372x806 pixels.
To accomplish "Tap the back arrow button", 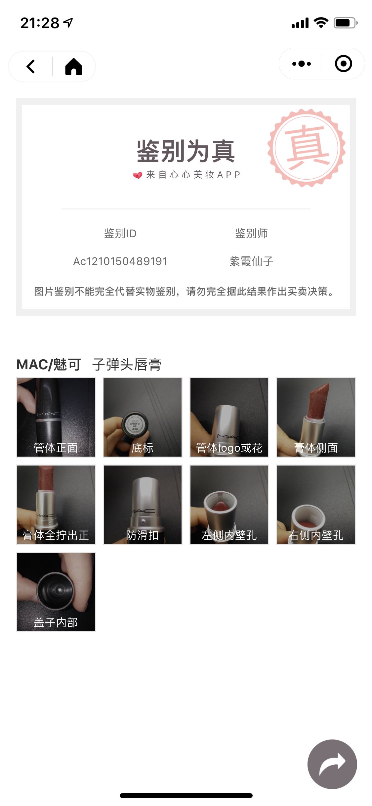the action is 31,67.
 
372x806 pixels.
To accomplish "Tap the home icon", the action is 74,67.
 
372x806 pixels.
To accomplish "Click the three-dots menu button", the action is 302,64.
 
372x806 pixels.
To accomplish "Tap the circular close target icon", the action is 344,64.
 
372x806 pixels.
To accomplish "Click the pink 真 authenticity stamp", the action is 307,148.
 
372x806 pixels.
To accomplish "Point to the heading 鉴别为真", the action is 186,151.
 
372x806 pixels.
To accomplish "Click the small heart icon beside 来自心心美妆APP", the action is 138,175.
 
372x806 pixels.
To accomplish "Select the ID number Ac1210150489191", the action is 120,261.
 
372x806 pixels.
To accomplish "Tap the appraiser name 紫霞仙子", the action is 251,261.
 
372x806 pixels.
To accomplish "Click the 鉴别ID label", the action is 120,234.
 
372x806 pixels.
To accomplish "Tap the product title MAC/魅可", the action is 49,365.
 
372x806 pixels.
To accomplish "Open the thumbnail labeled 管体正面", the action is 56,417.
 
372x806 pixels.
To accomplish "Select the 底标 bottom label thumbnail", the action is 143,417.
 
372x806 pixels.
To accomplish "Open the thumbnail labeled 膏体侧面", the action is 316,417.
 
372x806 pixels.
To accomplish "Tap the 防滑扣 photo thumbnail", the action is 143,505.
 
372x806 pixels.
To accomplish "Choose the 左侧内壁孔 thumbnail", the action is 229,505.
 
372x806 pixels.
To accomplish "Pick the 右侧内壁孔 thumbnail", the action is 316,505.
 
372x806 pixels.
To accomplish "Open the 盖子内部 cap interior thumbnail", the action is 56,592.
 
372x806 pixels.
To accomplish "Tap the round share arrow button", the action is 332,764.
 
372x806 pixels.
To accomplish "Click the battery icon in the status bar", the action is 346,23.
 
